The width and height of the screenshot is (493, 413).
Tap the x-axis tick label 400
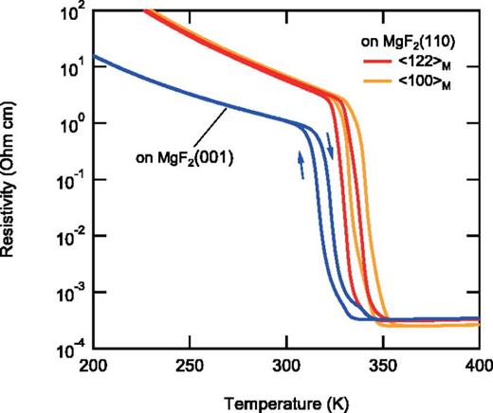point(479,366)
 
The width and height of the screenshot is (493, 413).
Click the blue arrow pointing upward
point(302,164)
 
